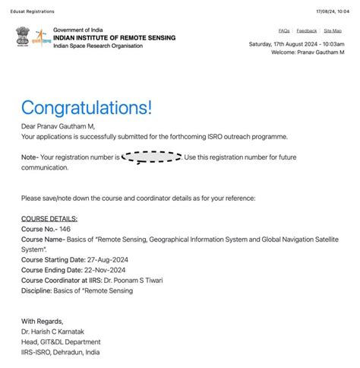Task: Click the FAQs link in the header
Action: coord(283,30)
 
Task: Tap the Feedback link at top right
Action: coord(307,30)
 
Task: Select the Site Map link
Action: coord(332,30)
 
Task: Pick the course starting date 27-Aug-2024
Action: coord(106,259)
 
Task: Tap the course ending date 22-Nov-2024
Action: coord(104,269)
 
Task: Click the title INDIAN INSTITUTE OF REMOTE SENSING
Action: coord(114,37)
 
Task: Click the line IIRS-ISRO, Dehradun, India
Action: coord(60,352)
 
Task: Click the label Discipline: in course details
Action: coord(40,290)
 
